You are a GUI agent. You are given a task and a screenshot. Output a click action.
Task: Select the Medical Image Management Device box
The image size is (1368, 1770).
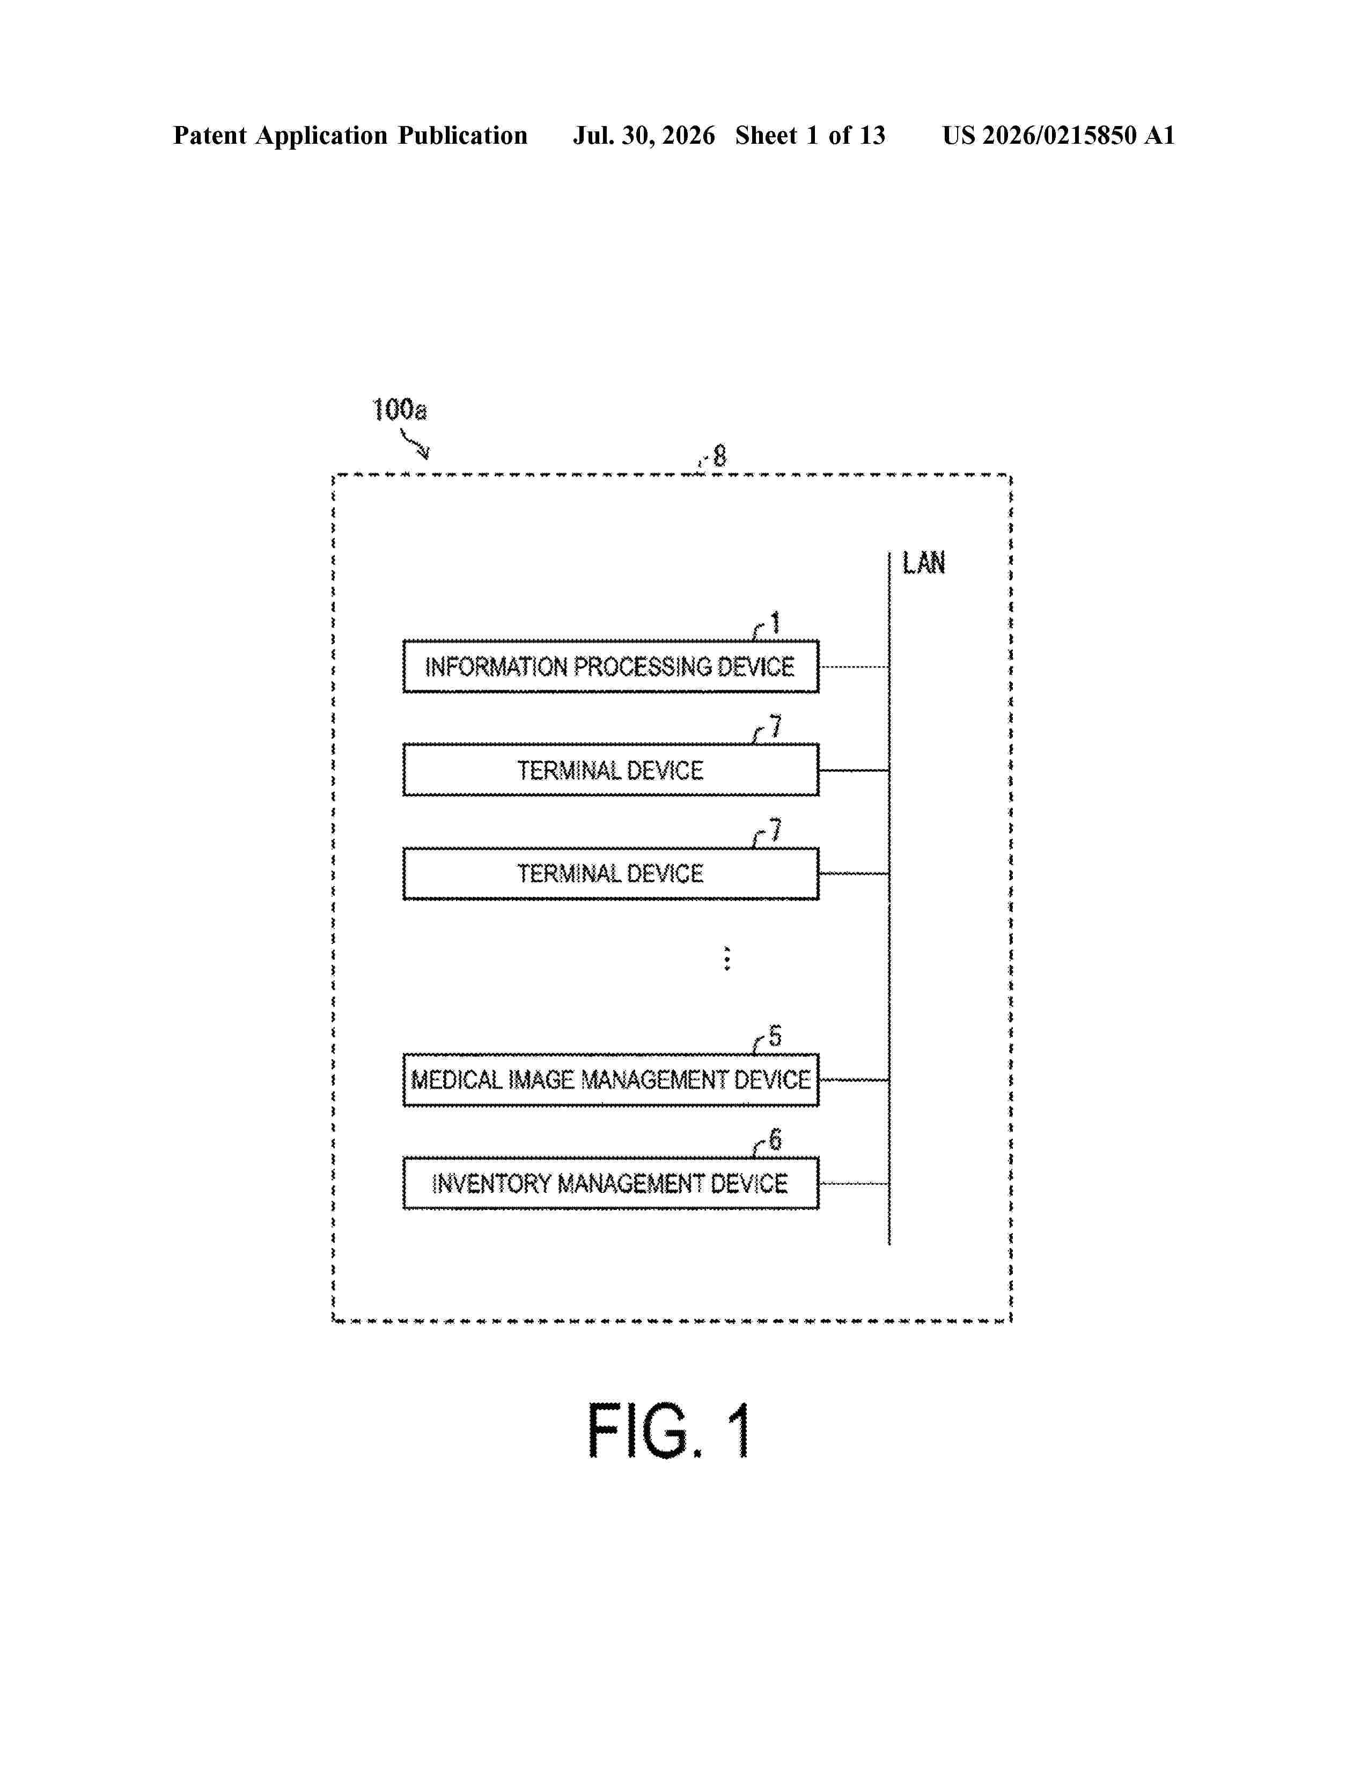[611, 1080]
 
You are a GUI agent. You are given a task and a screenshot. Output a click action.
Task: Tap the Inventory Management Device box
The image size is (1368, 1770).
[611, 1183]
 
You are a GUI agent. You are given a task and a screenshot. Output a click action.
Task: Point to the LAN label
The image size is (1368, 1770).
[924, 563]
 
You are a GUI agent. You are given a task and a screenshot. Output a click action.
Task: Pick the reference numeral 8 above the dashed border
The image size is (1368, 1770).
[719, 456]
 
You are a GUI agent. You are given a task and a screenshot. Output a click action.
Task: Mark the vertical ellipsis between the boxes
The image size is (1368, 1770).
[727, 959]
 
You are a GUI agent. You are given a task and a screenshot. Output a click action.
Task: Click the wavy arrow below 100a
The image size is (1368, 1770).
[415, 444]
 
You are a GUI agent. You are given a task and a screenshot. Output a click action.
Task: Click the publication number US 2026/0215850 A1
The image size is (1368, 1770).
[1058, 135]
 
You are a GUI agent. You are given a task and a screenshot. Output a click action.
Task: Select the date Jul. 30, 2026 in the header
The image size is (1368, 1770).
[644, 135]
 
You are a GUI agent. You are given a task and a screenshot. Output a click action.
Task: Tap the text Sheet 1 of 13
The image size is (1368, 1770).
[811, 135]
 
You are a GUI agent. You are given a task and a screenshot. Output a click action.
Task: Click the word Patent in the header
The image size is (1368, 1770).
[210, 135]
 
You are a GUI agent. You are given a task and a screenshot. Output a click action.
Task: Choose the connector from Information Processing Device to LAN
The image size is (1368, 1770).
[854, 667]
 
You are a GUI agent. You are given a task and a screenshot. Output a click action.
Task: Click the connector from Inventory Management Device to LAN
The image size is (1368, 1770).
[854, 1183]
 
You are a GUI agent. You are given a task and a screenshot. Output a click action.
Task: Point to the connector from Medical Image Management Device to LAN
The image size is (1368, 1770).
[854, 1080]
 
